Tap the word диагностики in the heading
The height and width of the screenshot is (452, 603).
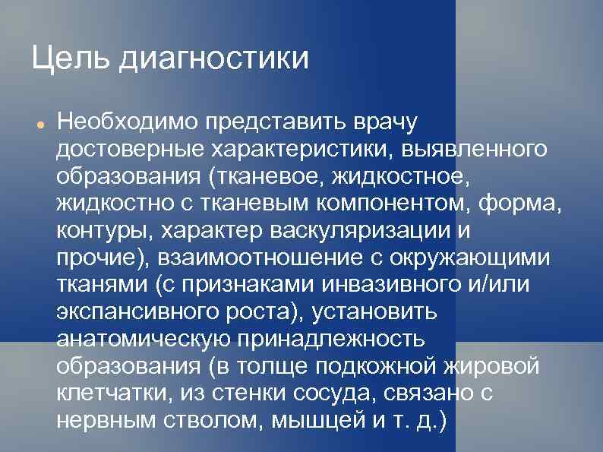tap(214, 59)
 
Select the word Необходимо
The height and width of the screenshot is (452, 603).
tap(132, 122)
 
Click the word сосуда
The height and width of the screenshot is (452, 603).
tap(330, 392)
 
